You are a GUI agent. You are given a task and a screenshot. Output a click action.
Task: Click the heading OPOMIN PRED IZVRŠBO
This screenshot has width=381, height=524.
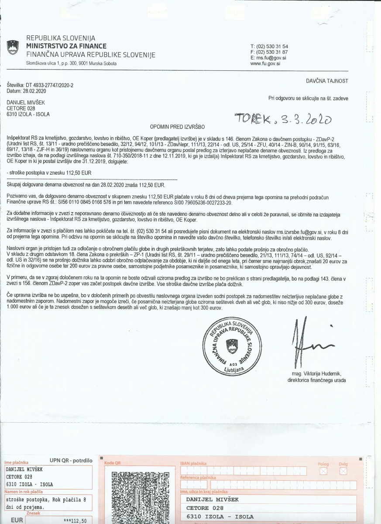pyautogui.click(x=178, y=127)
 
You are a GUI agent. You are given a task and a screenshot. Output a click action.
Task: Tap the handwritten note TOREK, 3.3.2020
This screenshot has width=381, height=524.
pyautogui.click(x=283, y=117)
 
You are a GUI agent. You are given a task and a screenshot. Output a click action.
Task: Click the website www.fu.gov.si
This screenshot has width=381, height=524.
pyautogui.click(x=265, y=63)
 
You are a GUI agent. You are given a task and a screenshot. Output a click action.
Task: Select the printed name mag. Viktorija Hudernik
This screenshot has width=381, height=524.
pyautogui.click(x=317, y=374)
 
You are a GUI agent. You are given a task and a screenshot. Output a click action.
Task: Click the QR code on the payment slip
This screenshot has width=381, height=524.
pyautogui.click(x=140, y=497)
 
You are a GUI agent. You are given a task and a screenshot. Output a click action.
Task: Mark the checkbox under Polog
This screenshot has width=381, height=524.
pyautogui.click(x=323, y=471)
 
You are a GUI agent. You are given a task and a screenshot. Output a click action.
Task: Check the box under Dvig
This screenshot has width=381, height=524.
pyautogui.click(x=343, y=471)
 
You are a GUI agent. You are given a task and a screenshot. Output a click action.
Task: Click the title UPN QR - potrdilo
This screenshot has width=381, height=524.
pyautogui.click(x=71, y=460)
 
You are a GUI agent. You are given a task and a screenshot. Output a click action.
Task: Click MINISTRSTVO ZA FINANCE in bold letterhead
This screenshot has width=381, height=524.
pyautogui.click(x=66, y=46)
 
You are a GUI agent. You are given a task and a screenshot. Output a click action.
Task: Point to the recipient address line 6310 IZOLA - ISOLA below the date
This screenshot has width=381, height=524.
pyautogui.click(x=28, y=114)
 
